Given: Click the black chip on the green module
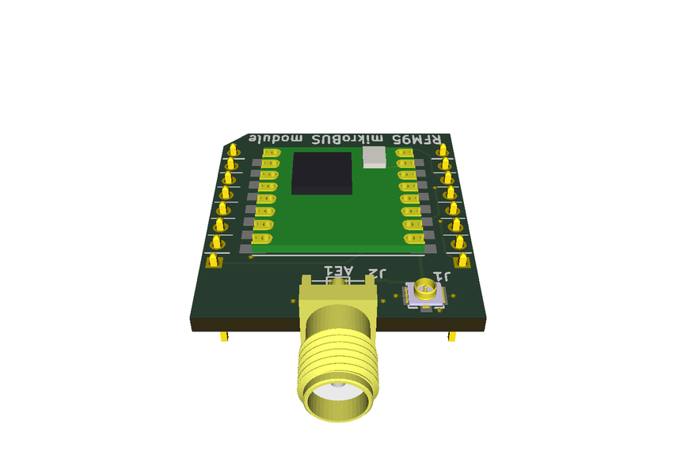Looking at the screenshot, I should click(x=321, y=173).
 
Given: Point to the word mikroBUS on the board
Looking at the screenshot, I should click(x=355, y=139).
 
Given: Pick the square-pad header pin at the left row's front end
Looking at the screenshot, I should click(x=214, y=260).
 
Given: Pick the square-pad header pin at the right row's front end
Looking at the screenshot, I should click(x=462, y=260).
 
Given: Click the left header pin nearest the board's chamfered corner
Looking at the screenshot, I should click(x=234, y=150).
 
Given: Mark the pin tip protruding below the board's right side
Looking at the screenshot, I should click(x=452, y=338).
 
